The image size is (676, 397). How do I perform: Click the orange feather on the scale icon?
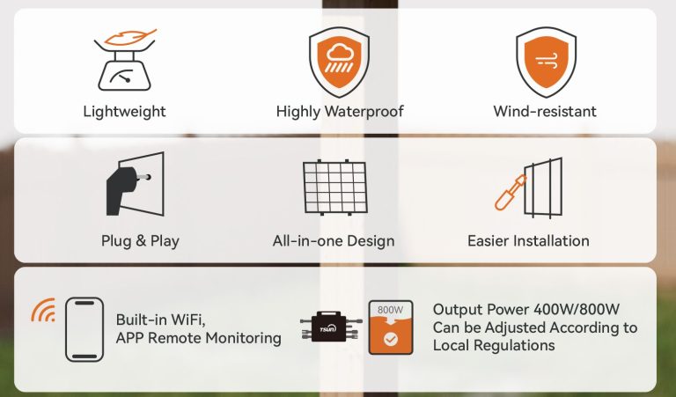click(x=130, y=37)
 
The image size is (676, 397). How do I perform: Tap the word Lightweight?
click(x=125, y=112)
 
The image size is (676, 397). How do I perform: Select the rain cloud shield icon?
click(x=339, y=62)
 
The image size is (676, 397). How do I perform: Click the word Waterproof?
click(x=364, y=112)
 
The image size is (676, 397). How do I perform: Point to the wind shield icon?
click(x=547, y=62)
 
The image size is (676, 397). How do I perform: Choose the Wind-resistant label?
click(x=545, y=112)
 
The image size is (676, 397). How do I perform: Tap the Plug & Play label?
click(x=140, y=241)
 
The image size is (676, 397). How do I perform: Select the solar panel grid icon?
click(x=335, y=187)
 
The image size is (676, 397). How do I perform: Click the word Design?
click(x=371, y=241)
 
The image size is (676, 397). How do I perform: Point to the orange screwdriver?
click(x=511, y=193)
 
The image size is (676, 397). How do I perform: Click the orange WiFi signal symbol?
click(x=44, y=311)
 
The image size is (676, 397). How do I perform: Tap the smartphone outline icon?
click(x=84, y=329)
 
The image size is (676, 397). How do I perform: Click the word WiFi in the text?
click(x=188, y=320)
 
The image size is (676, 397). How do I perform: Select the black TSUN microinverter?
click(x=331, y=327)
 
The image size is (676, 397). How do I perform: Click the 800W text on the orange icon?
click(x=390, y=310)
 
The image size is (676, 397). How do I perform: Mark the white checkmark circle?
click(x=391, y=340)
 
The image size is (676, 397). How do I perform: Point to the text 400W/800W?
click(x=577, y=310)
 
